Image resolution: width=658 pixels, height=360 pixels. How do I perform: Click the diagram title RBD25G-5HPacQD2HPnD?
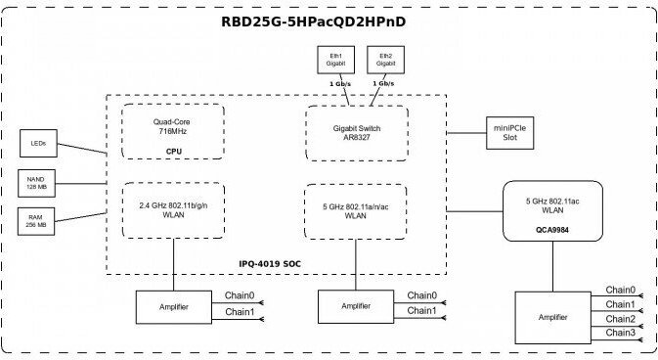(313, 22)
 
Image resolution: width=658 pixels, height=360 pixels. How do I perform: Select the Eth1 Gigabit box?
(335, 60)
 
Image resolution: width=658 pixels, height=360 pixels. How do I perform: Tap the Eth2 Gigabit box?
(385, 60)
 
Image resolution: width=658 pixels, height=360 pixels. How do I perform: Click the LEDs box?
(38, 143)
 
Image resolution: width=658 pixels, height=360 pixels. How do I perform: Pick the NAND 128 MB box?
(36, 183)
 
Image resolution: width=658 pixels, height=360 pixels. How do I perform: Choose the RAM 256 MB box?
(36, 221)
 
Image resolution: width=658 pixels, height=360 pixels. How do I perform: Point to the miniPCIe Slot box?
(509, 133)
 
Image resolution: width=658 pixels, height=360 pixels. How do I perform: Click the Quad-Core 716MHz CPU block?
(173, 131)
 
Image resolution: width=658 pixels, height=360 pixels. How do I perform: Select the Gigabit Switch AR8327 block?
(357, 133)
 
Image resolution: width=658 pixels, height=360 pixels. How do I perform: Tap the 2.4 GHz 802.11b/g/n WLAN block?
(173, 210)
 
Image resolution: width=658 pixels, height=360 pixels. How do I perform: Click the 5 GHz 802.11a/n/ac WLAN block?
(356, 211)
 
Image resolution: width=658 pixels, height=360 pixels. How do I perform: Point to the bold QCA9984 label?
(552, 230)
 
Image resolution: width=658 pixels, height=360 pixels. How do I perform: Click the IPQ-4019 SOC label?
(270, 264)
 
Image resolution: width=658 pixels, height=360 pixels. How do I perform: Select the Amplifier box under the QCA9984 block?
(552, 318)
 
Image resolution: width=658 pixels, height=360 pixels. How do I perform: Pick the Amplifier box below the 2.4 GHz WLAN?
(174, 307)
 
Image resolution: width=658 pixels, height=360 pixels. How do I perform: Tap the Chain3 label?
(620, 333)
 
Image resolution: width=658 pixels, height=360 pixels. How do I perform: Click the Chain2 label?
(620, 319)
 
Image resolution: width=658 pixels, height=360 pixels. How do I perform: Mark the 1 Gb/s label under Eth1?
(340, 84)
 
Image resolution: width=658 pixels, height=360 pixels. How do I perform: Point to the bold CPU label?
(174, 152)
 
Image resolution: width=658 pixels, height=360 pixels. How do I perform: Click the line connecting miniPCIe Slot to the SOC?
(466, 133)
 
